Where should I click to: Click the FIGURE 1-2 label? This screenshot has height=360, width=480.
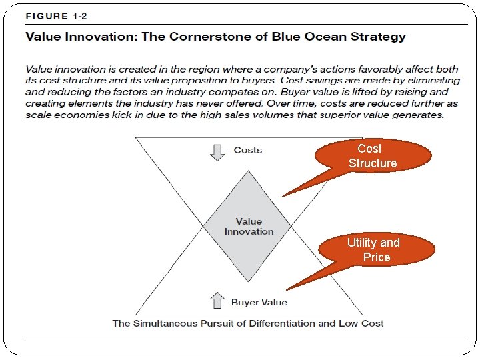coord(56,16)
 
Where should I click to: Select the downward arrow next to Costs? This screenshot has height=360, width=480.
coord(217,152)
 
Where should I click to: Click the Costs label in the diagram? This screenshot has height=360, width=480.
coord(248,151)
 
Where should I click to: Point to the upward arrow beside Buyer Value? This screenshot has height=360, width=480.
coord(217,301)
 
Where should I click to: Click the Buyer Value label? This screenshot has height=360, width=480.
coord(259,303)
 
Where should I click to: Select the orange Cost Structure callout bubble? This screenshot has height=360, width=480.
coord(372,156)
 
